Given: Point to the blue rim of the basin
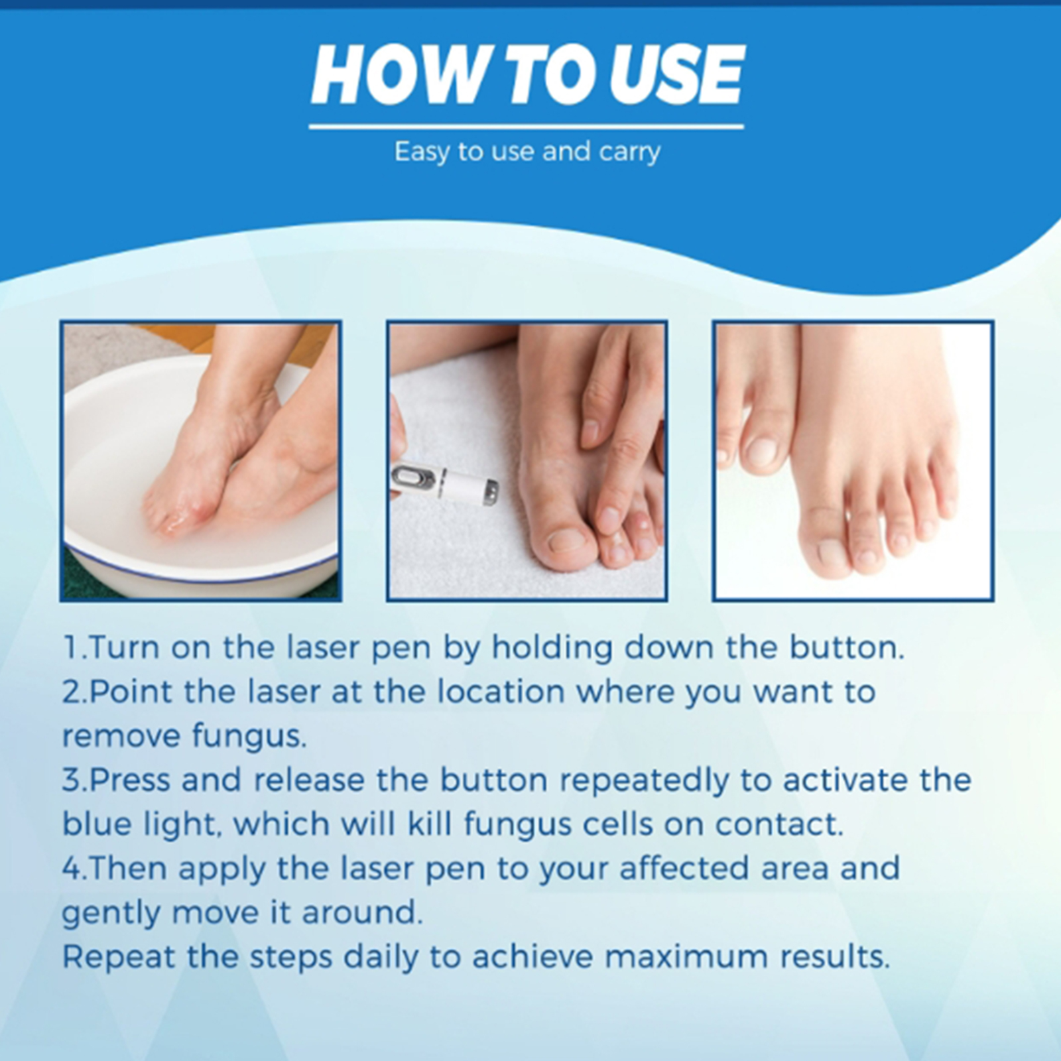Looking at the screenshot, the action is click(199, 579).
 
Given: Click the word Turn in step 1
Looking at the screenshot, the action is click(126, 648).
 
